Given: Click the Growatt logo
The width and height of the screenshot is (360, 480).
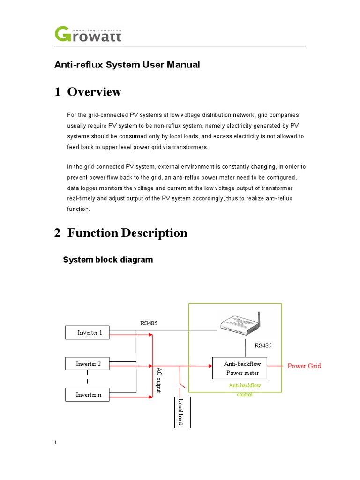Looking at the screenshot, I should pos(88,34).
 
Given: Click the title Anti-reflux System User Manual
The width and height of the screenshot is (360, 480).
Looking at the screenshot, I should pos(127,65).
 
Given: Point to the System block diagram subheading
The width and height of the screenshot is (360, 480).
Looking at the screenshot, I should pos(108,260).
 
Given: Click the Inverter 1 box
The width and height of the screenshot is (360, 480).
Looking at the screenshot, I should pos(87,333).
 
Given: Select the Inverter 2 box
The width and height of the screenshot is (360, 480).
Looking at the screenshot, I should pos(87,364).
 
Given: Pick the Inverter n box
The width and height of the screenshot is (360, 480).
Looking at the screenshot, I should pos(87,395).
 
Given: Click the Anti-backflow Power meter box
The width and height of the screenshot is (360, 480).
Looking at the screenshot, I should pos(242,368).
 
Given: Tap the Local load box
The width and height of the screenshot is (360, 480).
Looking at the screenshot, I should pos(180,412).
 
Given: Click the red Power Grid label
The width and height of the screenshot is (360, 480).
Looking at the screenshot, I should pos(304,366).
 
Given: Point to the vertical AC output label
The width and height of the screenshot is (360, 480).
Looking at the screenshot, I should pos(159,380).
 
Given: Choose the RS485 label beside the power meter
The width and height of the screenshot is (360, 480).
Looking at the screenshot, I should pos(263,345).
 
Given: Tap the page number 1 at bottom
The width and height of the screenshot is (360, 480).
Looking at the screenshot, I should pos(55,442).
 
